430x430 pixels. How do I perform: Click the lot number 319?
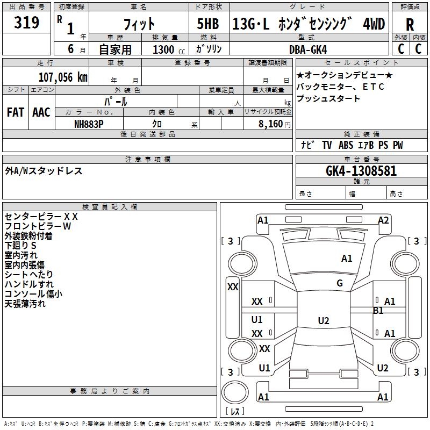tap(27, 23)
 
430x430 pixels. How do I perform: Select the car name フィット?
tap(139, 24)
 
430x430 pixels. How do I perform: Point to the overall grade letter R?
tap(410, 24)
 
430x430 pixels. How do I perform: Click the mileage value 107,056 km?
tap(63, 77)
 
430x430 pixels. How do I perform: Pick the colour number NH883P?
tap(89, 123)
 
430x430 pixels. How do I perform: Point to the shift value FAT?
tap(16, 112)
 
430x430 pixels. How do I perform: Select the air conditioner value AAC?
tap(41, 112)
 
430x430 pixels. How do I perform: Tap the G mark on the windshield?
tap(340, 283)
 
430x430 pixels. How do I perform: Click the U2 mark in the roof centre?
tap(323, 321)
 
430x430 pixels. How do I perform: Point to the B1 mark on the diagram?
tap(378, 311)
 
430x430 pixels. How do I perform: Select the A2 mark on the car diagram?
tap(383, 220)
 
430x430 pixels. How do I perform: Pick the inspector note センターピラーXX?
tap(41, 217)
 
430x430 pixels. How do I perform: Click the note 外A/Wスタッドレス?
tap(44, 171)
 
